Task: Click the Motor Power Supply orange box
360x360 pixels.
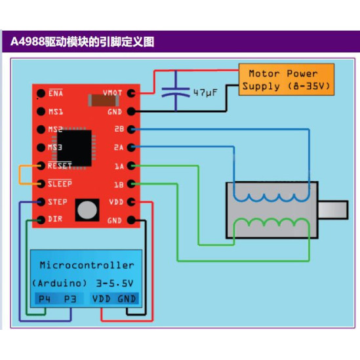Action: (287, 79)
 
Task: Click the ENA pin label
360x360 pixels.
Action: (56, 93)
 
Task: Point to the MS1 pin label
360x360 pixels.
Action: (56, 111)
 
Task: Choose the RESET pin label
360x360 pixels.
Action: (60, 165)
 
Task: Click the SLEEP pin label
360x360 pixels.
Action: (60, 184)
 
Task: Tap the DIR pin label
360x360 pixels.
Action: (56, 219)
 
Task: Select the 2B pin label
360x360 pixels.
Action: (118, 129)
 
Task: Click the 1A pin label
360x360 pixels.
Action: (118, 165)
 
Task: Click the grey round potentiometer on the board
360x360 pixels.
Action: (86, 210)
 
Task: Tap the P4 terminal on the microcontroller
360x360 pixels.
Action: (45, 299)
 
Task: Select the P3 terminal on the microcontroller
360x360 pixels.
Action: (70, 299)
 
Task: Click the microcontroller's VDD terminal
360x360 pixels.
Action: (102, 299)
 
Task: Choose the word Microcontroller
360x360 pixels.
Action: (87, 266)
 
